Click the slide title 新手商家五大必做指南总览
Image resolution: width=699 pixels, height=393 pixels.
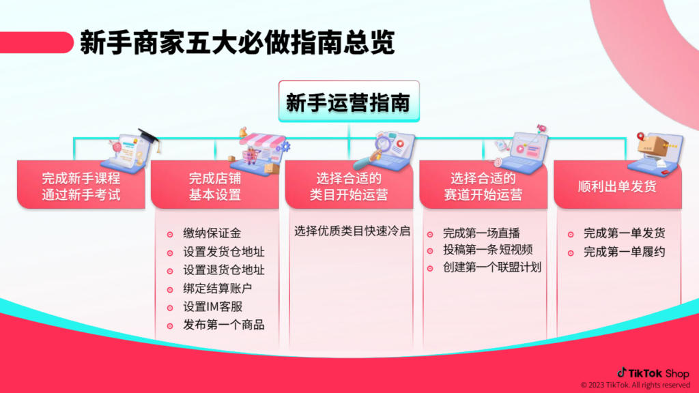[x=237, y=43]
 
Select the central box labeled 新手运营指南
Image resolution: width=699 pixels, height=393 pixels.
[x=349, y=101]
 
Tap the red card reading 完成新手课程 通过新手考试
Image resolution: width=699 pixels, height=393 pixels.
[x=81, y=184]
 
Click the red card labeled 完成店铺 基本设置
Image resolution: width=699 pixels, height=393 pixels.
[x=215, y=184]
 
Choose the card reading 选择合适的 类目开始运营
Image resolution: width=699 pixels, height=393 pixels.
[x=349, y=184]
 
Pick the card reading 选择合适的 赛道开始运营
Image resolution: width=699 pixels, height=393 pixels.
[x=483, y=184]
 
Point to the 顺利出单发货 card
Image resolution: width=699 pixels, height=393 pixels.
[x=617, y=184]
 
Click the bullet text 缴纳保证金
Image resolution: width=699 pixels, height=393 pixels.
[x=212, y=233]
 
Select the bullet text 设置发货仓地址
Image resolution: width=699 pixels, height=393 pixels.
[x=224, y=252]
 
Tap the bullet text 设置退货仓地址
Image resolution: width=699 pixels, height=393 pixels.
[x=224, y=270]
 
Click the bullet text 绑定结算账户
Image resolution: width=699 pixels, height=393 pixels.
[x=218, y=289]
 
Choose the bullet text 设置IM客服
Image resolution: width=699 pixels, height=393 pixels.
[x=213, y=306]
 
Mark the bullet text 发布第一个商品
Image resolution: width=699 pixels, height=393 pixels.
[x=224, y=325]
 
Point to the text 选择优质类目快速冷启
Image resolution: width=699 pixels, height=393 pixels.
[x=352, y=231]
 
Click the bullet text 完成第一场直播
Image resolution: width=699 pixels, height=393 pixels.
[x=481, y=233]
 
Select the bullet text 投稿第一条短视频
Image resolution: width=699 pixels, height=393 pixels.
[x=487, y=250]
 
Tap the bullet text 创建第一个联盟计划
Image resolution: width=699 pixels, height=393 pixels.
[x=492, y=267]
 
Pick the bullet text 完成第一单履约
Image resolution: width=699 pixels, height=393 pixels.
[x=625, y=252]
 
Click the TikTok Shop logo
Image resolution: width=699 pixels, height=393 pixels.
[x=653, y=373]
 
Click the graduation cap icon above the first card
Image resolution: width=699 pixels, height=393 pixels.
[x=149, y=136]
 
